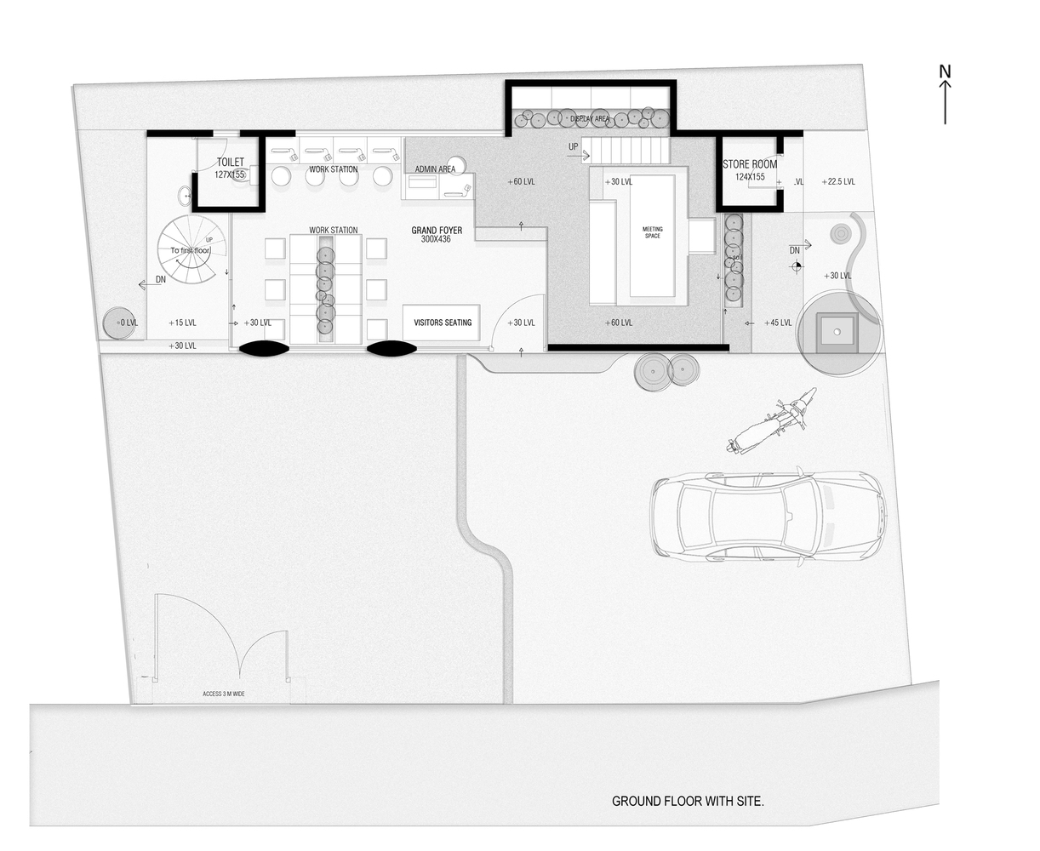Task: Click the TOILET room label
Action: point(230,162)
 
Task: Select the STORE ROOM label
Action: point(749,164)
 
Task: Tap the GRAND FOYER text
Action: point(437,231)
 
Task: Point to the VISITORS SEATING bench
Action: point(442,323)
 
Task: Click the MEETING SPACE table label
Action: point(652,232)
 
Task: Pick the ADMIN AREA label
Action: point(435,169)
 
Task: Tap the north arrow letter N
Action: point(945,71)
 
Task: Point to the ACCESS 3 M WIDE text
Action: point(224,694)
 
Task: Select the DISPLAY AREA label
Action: point(590,119)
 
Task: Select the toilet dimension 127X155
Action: point(229,174)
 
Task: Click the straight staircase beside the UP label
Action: point(630,151)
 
